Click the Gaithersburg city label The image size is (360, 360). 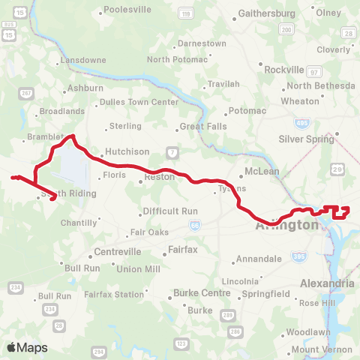tap(267, 13)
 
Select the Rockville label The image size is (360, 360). tap(284, 69)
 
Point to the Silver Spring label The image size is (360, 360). tap(305, 139)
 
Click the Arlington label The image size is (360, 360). tap(286, 225)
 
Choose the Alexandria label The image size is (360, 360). tap(326, 283)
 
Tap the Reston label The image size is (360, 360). tap(160, 177)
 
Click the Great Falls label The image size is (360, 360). tap(202, 127)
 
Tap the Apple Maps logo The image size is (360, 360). tap(26, 347)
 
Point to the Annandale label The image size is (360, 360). tap(259, 259)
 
